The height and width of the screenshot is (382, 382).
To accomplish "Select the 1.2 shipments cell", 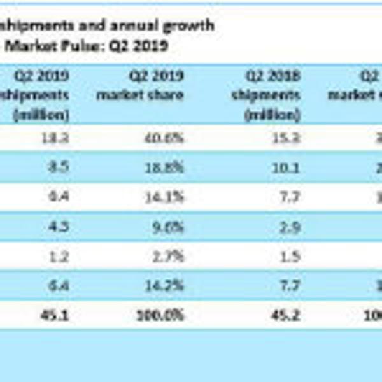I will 59,257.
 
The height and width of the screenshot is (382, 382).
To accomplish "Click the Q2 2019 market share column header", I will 157,86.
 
